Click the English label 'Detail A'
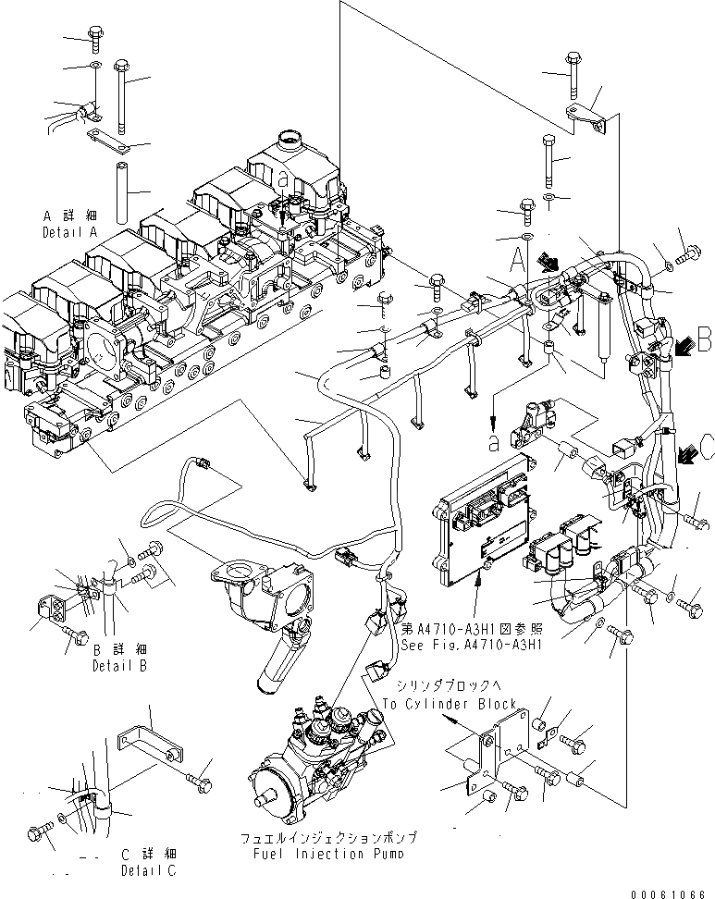(70, 234)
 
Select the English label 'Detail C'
(148, 870)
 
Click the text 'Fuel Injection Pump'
(327, 852)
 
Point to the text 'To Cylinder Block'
(449, 704)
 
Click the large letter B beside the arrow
(704, 339)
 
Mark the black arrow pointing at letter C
(685, 453)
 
